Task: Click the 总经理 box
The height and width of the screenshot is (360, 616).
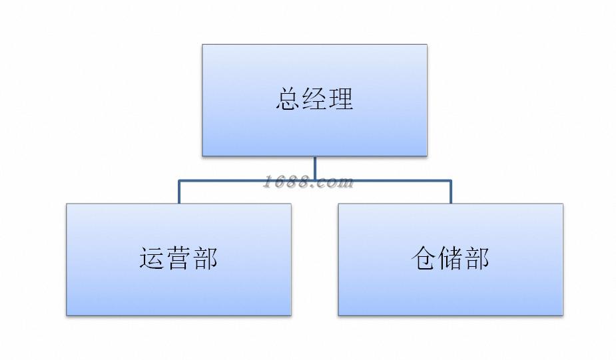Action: click(x=314, y=130)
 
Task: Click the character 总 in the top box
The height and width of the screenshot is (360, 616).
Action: click(x=288, y=100)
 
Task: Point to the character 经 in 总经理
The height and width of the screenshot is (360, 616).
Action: click(x=314, y=100)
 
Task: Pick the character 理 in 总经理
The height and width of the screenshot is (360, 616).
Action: click(x=340, y=100)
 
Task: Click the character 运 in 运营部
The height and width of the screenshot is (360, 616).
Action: click(x=153, y=259)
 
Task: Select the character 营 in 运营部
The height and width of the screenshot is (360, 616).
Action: click(x=178, y=259)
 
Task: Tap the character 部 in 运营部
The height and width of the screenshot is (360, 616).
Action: click(x=204, y=259)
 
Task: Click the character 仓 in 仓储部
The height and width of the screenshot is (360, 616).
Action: click(x=424, y=259)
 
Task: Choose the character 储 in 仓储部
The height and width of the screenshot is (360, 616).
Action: click(x=450, y=259)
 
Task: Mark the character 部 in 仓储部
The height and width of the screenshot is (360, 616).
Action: click(x=476, y=259)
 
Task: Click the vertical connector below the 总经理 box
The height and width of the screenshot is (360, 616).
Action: click(x=314, y=168)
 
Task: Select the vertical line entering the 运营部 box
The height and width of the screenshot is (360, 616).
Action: click(x=179, y=193)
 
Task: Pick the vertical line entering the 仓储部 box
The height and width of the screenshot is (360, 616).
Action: click(x=450, y=193)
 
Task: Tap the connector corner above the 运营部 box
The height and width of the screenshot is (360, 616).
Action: click(x=179, y=180)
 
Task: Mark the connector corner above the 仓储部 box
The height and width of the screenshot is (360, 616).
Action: click(x=450, y=180)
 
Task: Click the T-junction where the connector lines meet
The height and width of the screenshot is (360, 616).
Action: click(x=314, y=180)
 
